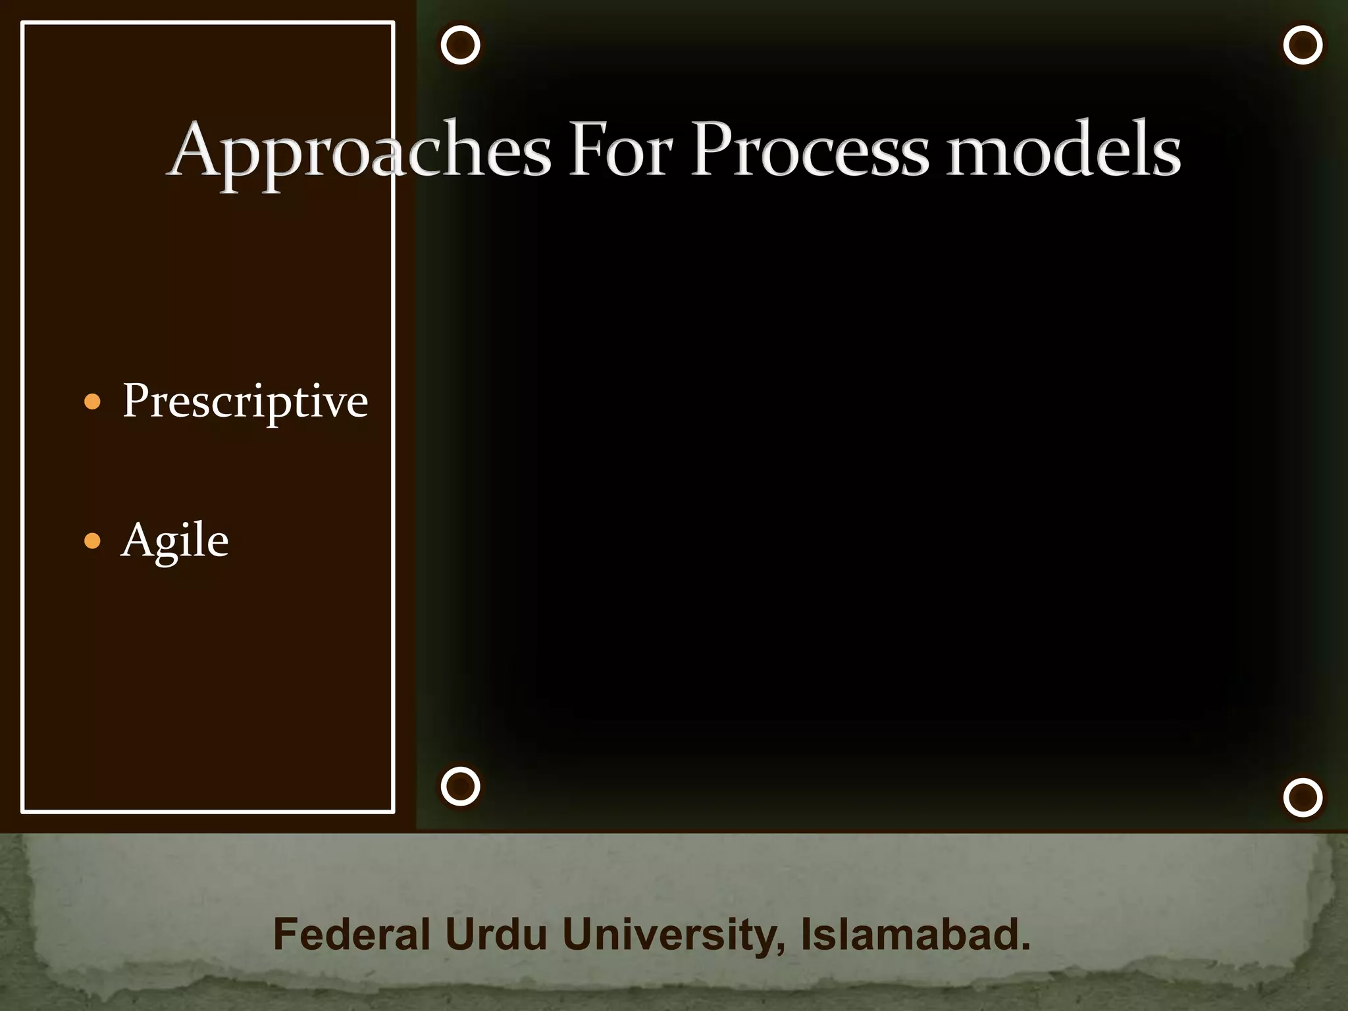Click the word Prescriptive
pyautogui.click(x=245, y=402)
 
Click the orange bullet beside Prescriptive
pyautogui.click(x=93, y=402)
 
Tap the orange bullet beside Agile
pyautogui.click(x=93, y=541)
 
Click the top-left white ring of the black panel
pyautogui.click(x=460, y=45)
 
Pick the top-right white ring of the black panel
pyautogui.click(x=1303, y=45)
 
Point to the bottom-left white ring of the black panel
pyautogui.click(x=460, y=786)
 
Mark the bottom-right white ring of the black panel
pyautogui.click(x=1303, y=797)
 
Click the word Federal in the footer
pyautogui.click(x=351, y=934)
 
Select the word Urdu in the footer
pyautogui.click(x=496, y=934)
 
